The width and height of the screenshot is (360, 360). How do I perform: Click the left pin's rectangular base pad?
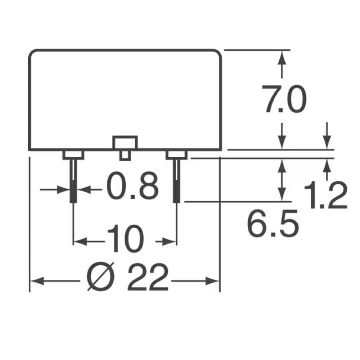[x=73, y=155]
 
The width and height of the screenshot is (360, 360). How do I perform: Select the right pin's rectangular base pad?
[x=176, y=155]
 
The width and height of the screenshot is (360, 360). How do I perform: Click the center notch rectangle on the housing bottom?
[x=125, y=142]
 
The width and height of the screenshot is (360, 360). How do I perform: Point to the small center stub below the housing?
[x=125, y=155]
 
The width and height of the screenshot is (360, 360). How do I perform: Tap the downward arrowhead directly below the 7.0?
[x=282, y=142]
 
